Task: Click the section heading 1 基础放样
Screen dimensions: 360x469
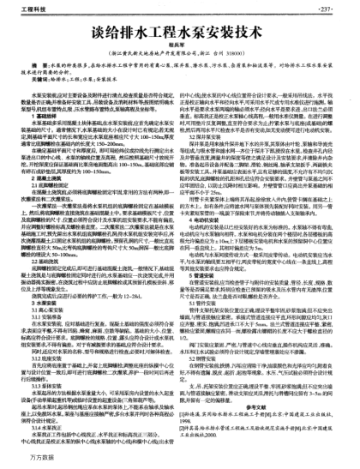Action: [x=42, y=132]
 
